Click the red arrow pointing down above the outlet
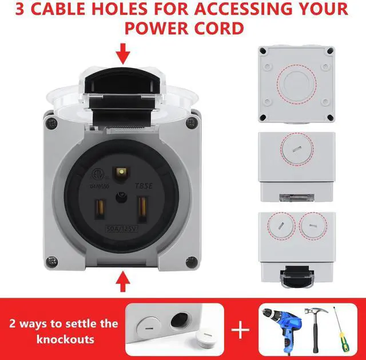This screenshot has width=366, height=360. (x=123, y=55)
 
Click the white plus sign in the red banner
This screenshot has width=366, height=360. (x=240, y=330)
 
